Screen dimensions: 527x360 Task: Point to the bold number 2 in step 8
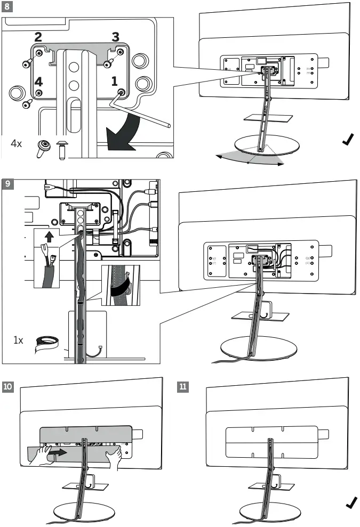[x=38, y=37]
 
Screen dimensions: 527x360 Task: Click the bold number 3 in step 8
[x=115, y=37]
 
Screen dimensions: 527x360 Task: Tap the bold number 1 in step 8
[x=115, y=81]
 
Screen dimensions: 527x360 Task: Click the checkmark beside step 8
[x=348, y=140]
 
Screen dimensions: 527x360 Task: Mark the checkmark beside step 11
[x=350, y=503]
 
